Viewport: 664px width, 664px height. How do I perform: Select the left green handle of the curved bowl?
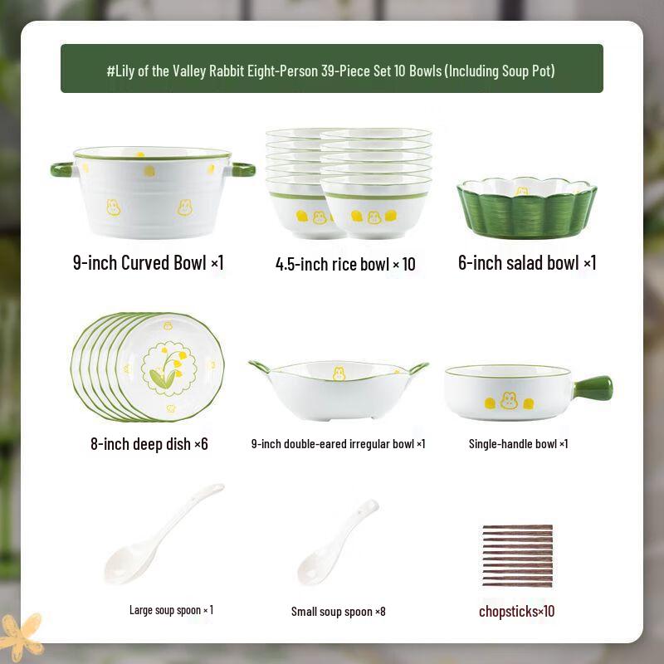tap(63, 169)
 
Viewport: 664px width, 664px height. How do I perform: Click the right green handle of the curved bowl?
tap(242, 169)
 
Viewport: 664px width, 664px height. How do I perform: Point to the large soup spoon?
tap(162, 535)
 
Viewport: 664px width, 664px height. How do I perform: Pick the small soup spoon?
tap(336, 543)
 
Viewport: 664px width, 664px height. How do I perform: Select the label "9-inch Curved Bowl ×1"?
tap(149, 264)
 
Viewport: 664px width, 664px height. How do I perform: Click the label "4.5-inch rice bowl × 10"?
tap(345, 265)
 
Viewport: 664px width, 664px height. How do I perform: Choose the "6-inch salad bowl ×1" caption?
tap(527, 264)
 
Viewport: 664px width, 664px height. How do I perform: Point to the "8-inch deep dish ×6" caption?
tap(149, 444)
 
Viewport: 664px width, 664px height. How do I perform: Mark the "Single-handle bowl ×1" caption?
tap(518, 444)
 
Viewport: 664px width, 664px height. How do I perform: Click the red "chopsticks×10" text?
tap(516, 612)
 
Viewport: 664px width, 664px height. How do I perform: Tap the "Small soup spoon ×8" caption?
tap(338, 612)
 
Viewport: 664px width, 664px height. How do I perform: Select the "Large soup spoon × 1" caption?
tap(171, 610)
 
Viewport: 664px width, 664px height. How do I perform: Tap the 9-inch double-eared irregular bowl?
tap(339, 388)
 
